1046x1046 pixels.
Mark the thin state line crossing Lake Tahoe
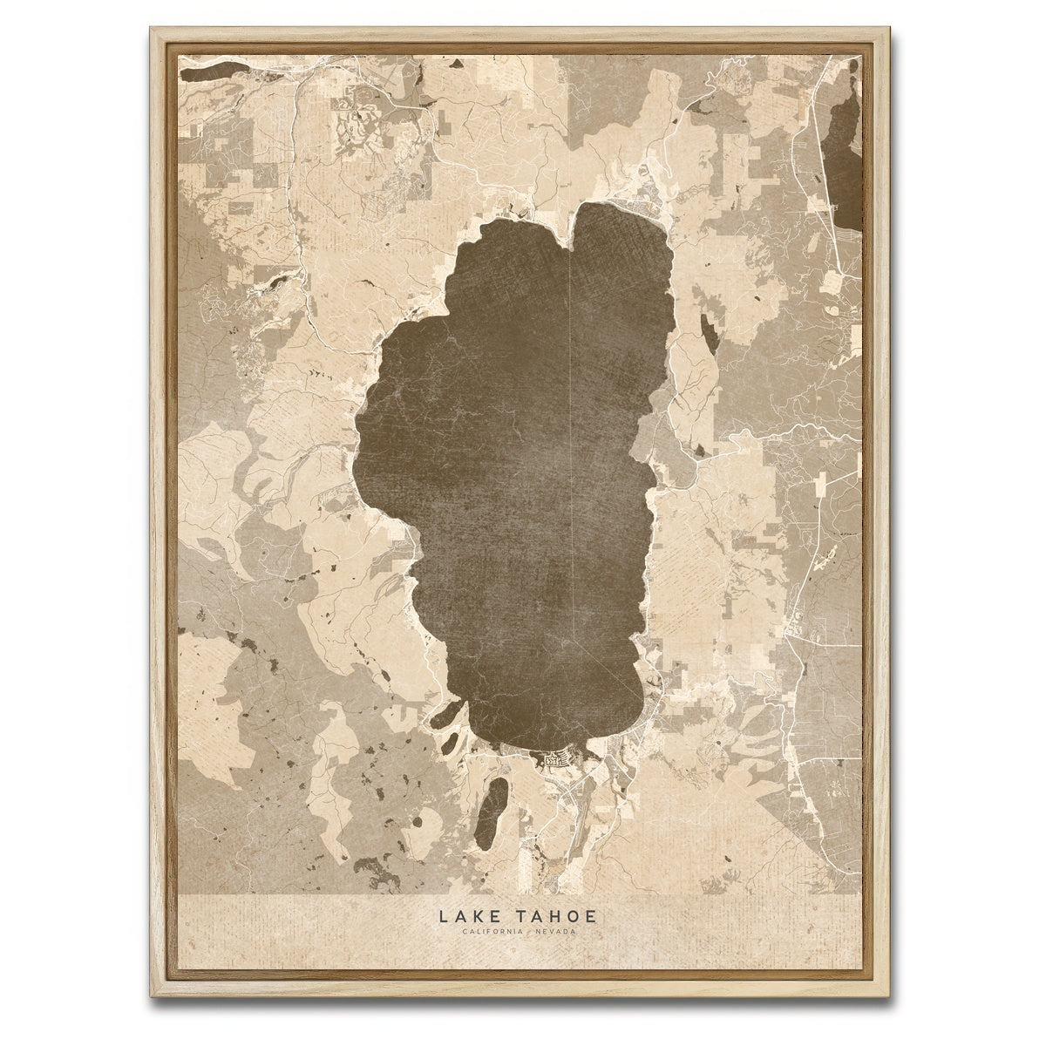568,436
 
